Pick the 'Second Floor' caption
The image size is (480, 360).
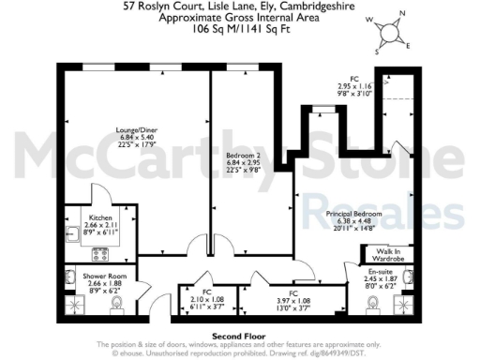click(x=239, y=335)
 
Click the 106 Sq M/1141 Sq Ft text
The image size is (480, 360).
click(x=239, y=29)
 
